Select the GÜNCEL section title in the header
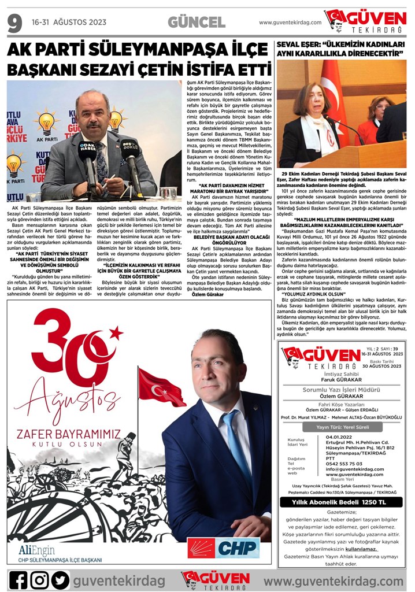click(x=197, y=23)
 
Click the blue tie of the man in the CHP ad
click(x=238, y=446)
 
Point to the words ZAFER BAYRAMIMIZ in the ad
click(x=68, y=434)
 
